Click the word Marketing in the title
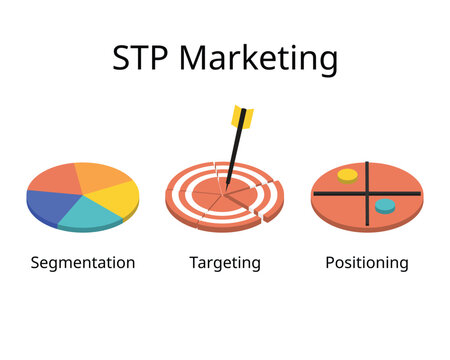coord(259,61)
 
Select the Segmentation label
coord(83,263)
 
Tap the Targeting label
coord(225,263)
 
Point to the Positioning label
coord(367,263)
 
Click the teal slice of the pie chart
coord(92,211)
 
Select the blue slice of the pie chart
coord(48,204)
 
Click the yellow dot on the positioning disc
coord(347,175)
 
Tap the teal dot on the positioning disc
coord(385,206)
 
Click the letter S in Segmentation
coord(36,263)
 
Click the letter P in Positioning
coord(330,263)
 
